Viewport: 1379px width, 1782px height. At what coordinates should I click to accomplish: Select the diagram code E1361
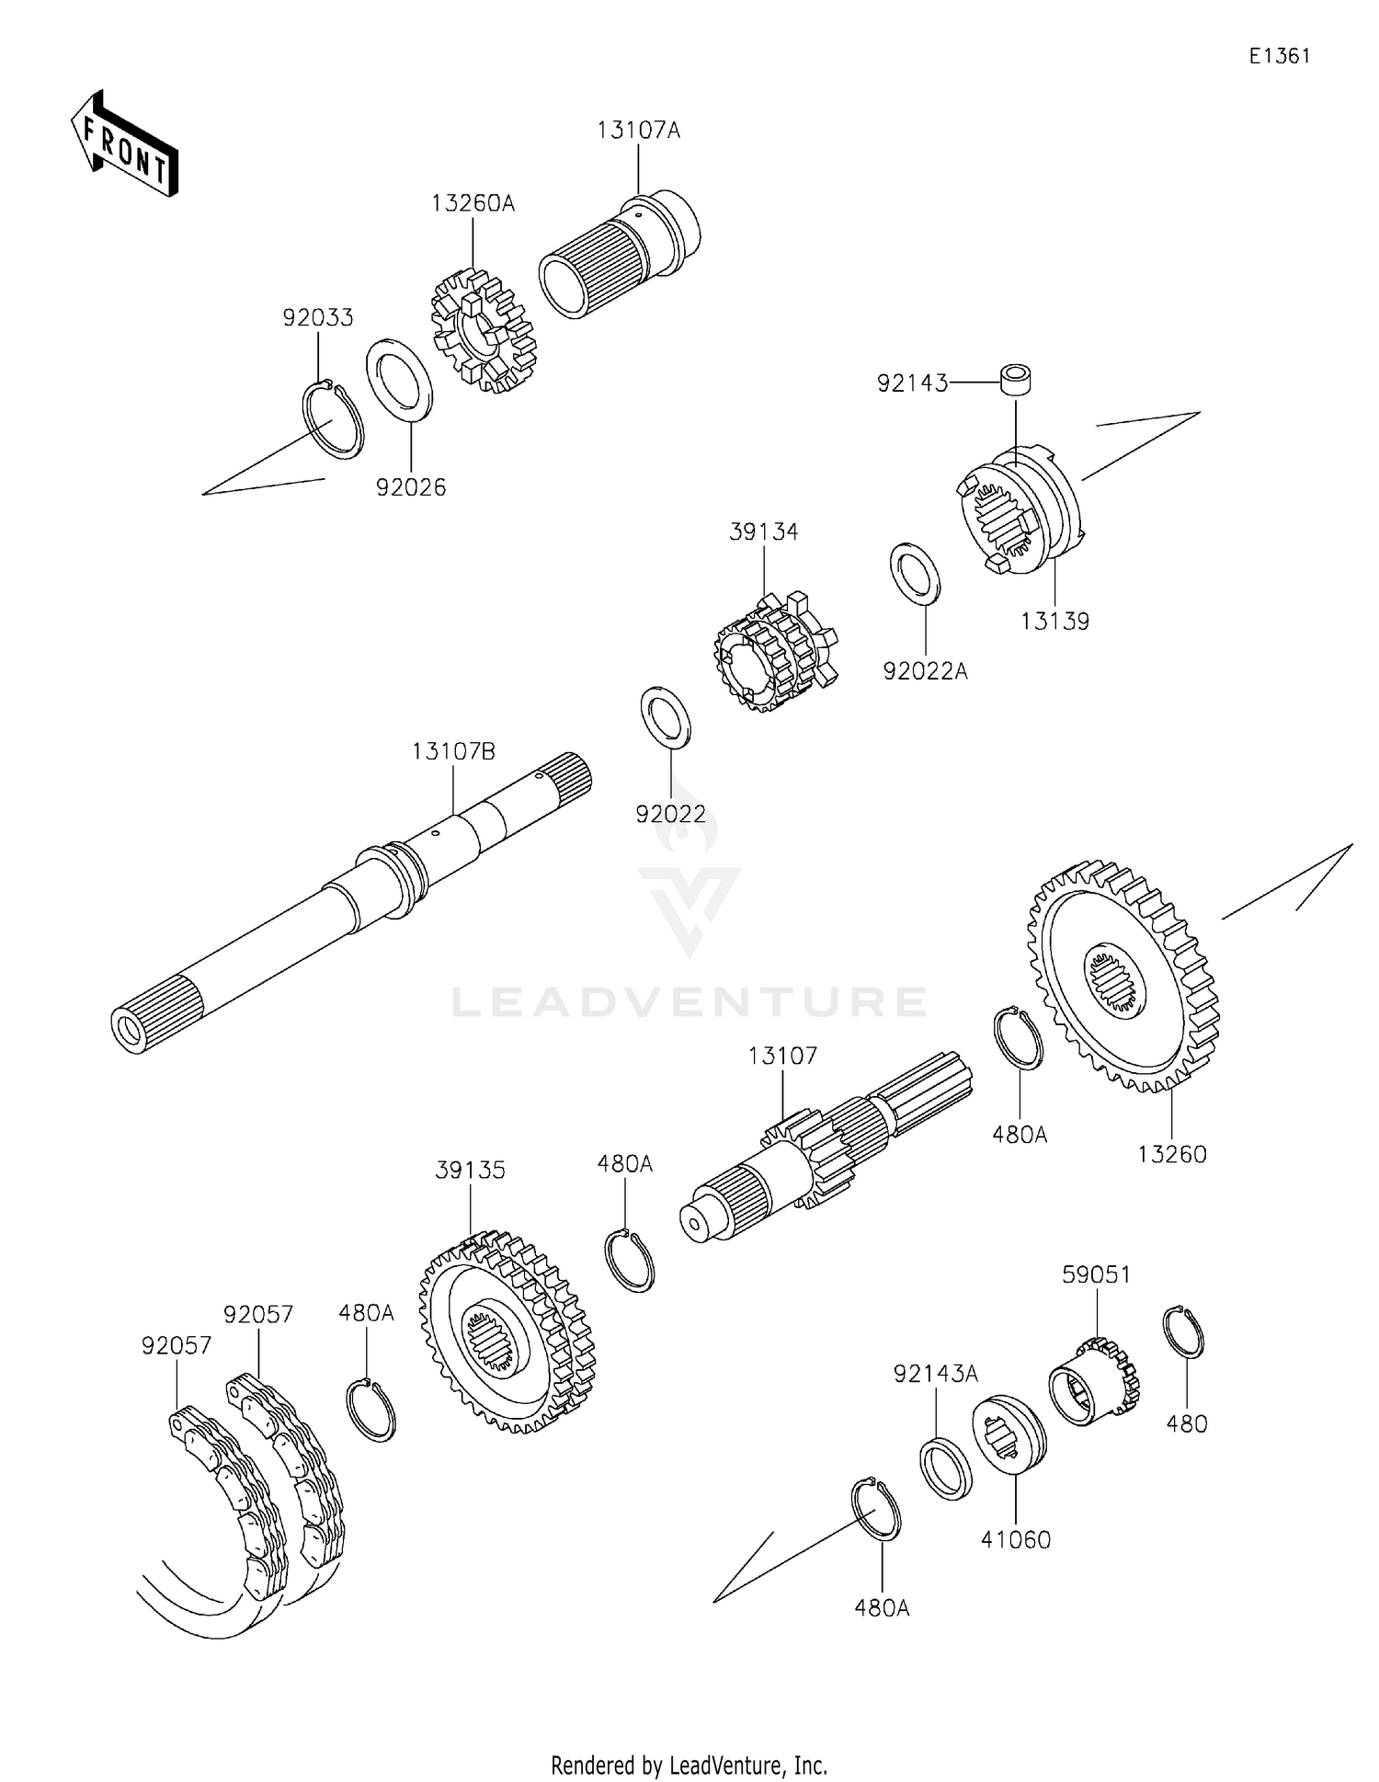[x=1279, y=56]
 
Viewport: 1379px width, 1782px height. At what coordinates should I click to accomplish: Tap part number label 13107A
[x=638, y=131]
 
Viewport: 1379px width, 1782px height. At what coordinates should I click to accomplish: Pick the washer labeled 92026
[x=400, y=379]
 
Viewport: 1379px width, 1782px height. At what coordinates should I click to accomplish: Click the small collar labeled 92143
[x=1015, y=381]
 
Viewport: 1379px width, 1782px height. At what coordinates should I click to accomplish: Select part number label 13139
[x=1054, y=622]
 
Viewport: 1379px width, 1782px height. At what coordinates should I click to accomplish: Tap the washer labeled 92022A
[x=915, y=573]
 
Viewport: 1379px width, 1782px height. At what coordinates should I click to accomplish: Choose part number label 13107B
[x=453, y=752]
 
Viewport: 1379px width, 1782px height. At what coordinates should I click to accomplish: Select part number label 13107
[x=782, y=1056]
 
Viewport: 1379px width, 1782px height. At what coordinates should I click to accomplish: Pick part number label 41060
[x=1016, y=1539]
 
